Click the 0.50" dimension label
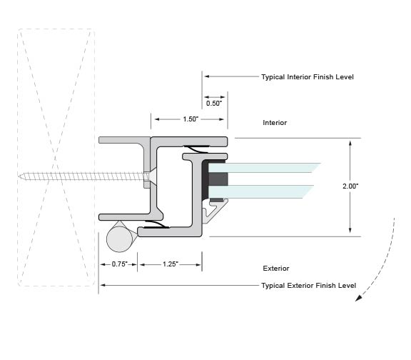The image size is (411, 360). [214, 103]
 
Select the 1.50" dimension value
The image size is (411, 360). [191, 119]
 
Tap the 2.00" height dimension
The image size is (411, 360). [350, 186]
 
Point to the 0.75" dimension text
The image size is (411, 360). [120, 264]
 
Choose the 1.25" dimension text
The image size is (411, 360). [171, 264]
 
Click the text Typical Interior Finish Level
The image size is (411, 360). [308, 77]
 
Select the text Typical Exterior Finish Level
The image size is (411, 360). [309, 286]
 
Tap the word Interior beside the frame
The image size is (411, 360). [275, 123]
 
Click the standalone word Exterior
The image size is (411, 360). [276, 269]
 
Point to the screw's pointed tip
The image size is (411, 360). [19, 176]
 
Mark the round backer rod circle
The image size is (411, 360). [120, 239]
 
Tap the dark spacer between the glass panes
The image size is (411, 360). [218, 179]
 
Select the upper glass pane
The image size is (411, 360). [263, 168]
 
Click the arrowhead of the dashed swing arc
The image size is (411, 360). [358, 298]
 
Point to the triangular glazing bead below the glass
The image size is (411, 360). [214, 211]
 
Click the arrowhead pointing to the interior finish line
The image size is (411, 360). [207, 76]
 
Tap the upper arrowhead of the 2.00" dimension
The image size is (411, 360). [350, 143]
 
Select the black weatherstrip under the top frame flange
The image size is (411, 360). [197, 149]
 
